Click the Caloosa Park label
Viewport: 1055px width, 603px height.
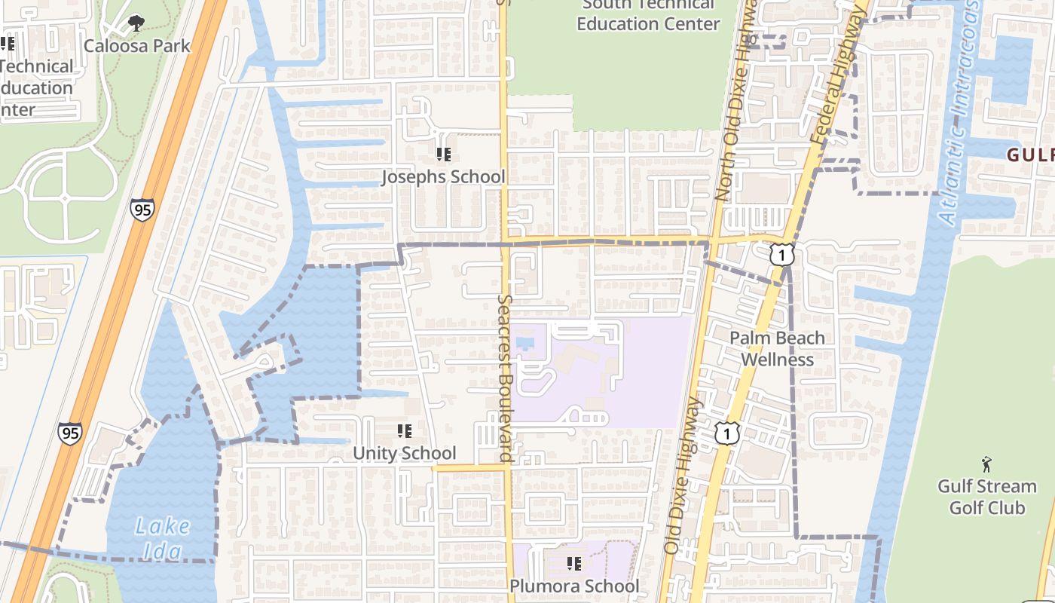pos(137,46)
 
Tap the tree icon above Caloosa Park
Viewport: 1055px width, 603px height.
pos(136,23)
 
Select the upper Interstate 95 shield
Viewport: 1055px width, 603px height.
pos(142,209)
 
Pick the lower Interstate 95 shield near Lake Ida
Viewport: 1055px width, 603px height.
pos(69,433)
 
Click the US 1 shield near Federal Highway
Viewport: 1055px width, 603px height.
pos(782,256)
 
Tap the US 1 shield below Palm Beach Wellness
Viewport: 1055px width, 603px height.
pos(727,433)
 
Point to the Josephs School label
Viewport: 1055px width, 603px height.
pos(443,177)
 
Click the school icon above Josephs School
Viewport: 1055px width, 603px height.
pos(444,155)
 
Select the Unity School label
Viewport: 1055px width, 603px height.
pos(405,453)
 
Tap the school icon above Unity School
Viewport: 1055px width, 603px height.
pos(405,431)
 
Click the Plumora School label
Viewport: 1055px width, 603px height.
pos(574,586)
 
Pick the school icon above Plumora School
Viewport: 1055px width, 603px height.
pos(574,563)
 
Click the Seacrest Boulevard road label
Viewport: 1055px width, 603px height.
pos(505,377)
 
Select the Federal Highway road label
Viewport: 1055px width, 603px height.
pos(838,75)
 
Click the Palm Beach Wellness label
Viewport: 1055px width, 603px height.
pos(777,348)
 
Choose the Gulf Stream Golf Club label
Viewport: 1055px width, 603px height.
pos(986,497)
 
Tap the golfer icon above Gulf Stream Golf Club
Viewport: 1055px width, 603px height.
pos(986,464)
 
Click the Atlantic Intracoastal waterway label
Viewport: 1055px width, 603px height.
pos(959,113)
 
